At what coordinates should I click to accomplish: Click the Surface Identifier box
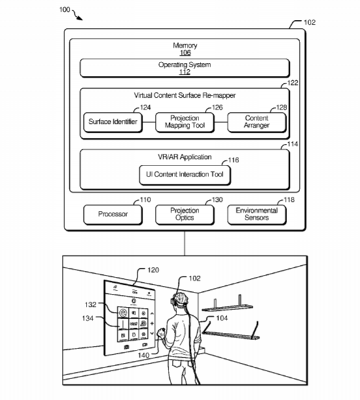[113, 122]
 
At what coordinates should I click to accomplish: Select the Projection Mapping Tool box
[185, 122]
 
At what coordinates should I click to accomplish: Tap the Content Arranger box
[256, 122]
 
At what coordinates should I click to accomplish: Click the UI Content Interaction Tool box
[185, 175]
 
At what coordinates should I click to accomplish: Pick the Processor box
[113, 215]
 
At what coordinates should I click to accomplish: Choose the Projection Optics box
[185, 215]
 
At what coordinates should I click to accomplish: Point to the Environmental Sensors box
[256, 215]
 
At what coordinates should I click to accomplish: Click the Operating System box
[185, 68]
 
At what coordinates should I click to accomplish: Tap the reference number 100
[64, 10]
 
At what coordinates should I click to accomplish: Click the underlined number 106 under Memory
[185, 53]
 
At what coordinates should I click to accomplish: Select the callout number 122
[293, 83]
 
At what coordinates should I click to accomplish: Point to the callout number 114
[293, 144]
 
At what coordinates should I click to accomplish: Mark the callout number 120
[153, 270]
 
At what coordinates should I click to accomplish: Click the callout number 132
[90, 305]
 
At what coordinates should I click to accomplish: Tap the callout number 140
[143, 355]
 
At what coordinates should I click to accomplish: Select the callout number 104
[222, 318]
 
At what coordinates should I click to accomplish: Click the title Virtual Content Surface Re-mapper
[185, 95]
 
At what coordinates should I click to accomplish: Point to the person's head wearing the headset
[180, 300]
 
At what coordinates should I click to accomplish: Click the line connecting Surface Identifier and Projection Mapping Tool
[149, 122]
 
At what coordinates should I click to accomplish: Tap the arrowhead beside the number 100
[80, 18]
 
